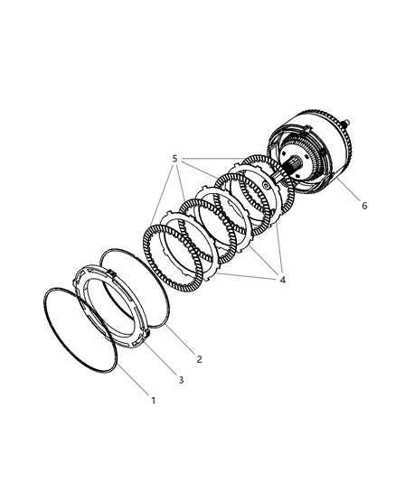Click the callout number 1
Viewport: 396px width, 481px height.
[153, 400]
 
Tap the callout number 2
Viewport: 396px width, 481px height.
[200, 359]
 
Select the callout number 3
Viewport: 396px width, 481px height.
[181, 380]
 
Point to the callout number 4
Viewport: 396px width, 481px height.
[283, 280]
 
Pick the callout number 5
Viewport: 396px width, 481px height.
[174, 159]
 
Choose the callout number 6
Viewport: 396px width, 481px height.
[364, 206]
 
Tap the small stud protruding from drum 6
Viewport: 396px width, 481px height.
[347, 123]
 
